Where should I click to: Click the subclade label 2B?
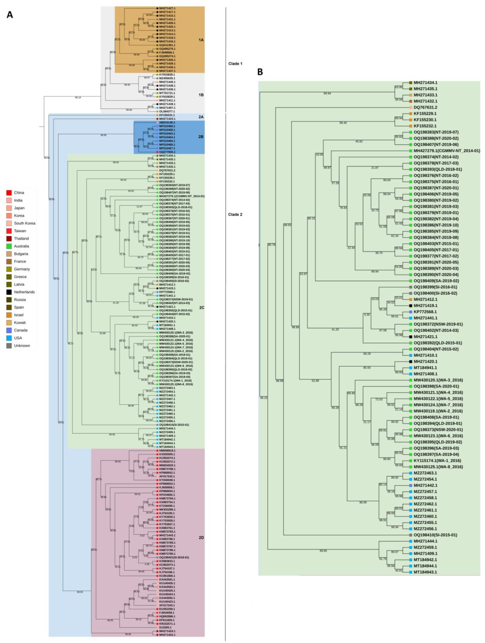click(x=201, y=137)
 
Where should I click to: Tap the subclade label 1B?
click(x=201, y=95)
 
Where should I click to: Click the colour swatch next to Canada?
click(x=9, y=330)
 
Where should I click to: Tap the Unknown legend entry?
click(x=22, y=346)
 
